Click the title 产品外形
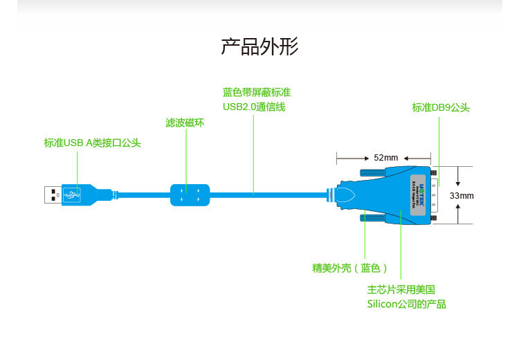259,47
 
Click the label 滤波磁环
185,123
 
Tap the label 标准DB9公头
441,107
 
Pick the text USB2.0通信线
254,107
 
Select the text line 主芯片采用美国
401,289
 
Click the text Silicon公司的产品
406,305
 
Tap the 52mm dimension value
386,157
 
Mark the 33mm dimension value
462,195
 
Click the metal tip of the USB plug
53,195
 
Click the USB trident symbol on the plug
71,195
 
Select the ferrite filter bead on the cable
189,195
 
